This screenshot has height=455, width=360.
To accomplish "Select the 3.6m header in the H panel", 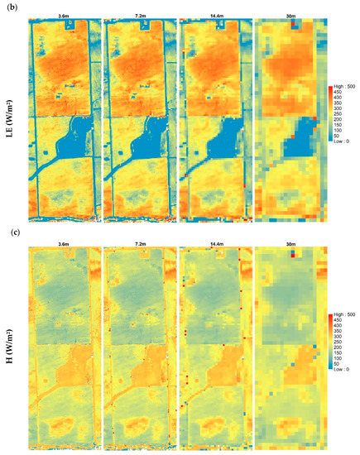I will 64,242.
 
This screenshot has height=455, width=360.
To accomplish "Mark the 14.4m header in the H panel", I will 213,242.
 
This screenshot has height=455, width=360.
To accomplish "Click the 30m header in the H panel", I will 287,242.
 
